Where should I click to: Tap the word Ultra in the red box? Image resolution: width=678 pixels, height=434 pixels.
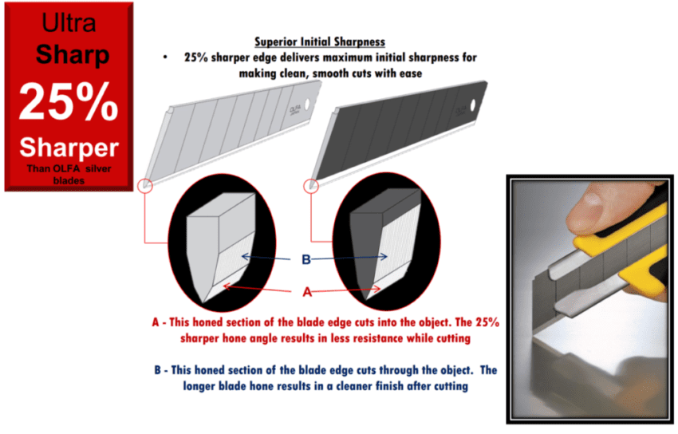coord(68,23)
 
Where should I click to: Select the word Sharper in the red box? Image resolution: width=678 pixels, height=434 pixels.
coord(69,147)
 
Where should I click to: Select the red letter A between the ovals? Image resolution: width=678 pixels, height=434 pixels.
coord(307,292)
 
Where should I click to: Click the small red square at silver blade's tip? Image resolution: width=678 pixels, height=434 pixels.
coord(145,185)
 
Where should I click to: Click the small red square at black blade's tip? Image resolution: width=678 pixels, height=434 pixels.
coord(310,185)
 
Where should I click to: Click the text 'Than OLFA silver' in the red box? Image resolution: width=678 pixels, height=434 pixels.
coord(68,168)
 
